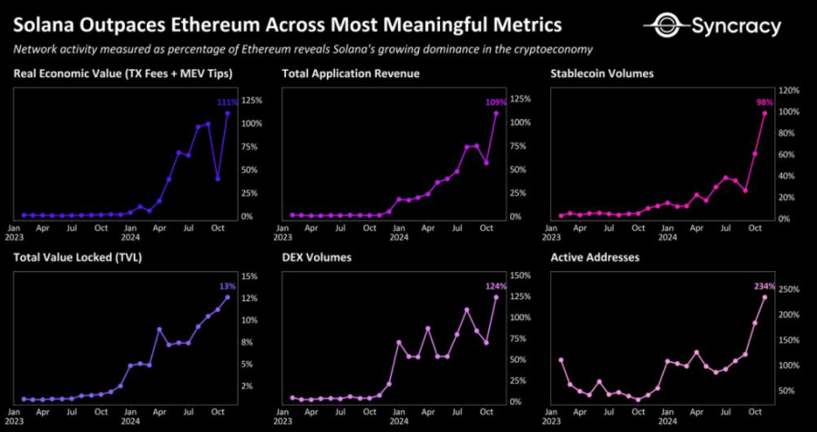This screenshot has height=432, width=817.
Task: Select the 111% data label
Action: coord(227,103)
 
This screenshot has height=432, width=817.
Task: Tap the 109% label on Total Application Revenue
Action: coord(495,103)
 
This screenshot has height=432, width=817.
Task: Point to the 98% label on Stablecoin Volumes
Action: coord(764,103)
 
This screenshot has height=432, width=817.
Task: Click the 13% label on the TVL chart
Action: coord(227,286)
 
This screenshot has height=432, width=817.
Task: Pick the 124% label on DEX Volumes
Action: coord(495,286)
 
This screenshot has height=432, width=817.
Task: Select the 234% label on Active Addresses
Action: coord(764,286)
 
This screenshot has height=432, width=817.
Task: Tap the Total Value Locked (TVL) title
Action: coord(77,257)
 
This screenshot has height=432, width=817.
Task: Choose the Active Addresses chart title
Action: coord(595,257)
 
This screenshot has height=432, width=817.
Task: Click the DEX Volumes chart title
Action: coord(317,257)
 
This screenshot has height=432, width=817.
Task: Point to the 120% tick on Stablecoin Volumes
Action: coord(789,91)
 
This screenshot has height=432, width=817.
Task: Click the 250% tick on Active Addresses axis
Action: coord(789,289)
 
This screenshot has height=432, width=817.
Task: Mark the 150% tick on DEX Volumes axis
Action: coord(521,276)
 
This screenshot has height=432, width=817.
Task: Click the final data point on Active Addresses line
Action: coord(764,297)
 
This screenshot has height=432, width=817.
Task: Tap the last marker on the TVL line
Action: coord(227,297)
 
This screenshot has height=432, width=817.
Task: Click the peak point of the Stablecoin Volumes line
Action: coord(764,113)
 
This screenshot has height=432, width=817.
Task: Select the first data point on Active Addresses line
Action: coord(560,360)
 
